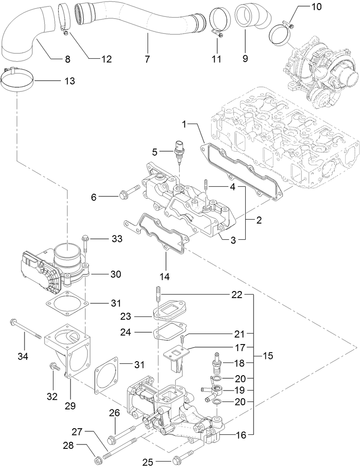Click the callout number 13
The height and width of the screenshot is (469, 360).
(x=69, y=81)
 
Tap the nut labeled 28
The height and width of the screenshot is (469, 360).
(x=99, y=460)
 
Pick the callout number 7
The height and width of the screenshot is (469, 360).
(x=148, y=58)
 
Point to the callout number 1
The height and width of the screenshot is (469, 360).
(x=185, y=125)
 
